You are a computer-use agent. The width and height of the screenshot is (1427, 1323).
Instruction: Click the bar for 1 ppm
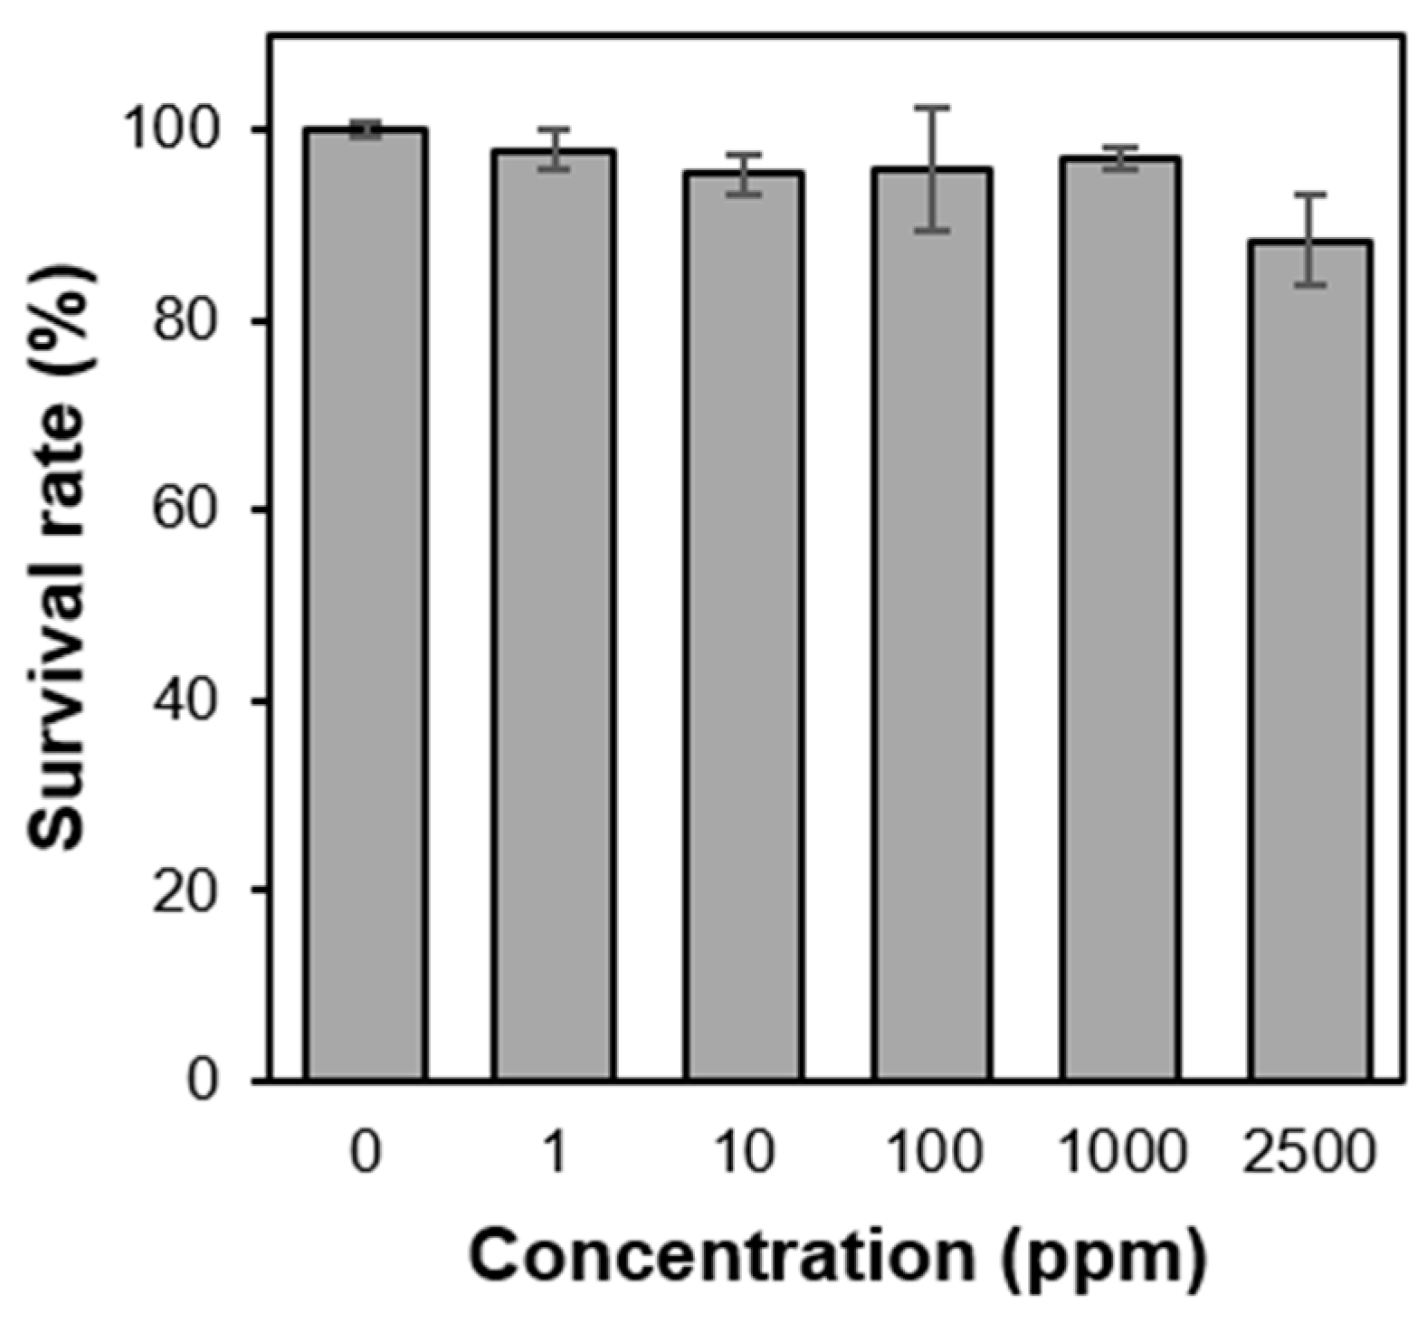point(554,615)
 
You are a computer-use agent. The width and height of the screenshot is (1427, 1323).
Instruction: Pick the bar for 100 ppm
point(932,624)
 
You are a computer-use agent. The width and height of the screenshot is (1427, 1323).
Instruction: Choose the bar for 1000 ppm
point(1121,619)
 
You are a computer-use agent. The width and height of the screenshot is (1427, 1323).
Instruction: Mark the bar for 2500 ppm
point(1309,661)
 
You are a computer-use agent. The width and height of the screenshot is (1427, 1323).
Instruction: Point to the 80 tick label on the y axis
point(186,321)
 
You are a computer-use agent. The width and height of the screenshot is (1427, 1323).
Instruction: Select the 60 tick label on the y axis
point(186,510)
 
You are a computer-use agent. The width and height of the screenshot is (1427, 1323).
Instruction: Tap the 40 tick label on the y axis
point(186,700)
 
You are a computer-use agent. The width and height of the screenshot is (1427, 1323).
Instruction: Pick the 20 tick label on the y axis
point(186,890)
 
